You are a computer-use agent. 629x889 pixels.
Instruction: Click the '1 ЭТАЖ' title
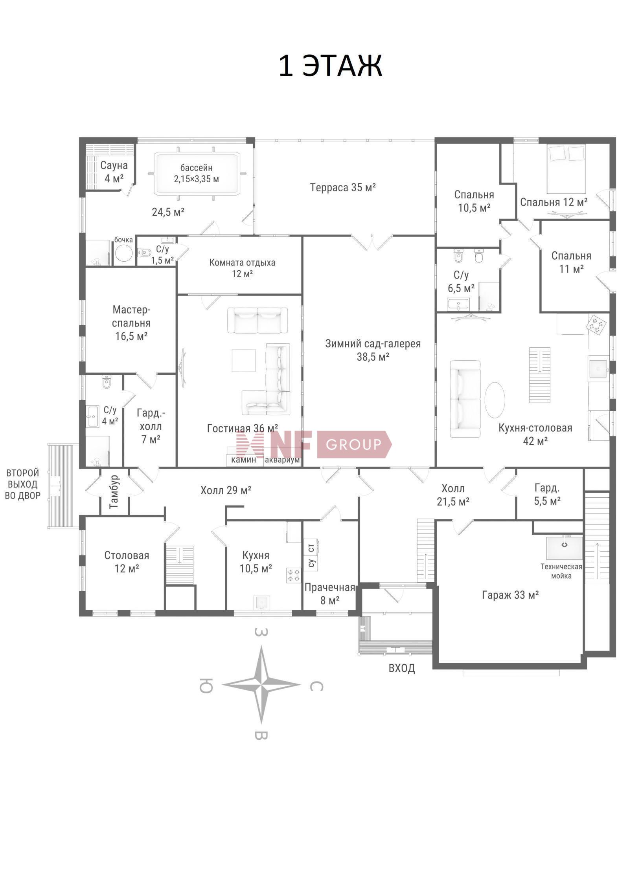point(330,66)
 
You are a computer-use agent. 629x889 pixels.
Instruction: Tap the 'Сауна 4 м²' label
point(114,172)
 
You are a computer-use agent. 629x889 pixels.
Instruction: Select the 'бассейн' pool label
point(196,168)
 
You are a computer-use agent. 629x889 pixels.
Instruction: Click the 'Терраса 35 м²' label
point(343,187)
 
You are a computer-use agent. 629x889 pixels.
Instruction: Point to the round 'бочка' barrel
point(123,253)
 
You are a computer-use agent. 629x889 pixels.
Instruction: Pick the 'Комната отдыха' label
point(242,262)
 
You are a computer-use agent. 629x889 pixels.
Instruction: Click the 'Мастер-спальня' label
point(131,316)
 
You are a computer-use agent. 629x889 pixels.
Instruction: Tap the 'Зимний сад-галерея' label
point(373,344)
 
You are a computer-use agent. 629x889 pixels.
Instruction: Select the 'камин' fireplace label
point(243,459)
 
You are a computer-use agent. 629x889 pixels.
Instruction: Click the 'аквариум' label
point(282,460)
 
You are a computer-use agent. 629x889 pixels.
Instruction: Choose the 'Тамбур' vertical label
point(114,492)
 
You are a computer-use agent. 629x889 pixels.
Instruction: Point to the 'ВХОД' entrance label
point(401,668)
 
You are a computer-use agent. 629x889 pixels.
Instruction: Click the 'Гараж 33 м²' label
point(510,595)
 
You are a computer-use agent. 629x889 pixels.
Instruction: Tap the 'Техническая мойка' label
point(561,571)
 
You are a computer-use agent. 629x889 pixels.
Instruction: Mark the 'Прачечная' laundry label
point(329,587)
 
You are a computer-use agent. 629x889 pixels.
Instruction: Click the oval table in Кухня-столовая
point(495,400)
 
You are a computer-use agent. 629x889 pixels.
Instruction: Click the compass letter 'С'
point(316,686)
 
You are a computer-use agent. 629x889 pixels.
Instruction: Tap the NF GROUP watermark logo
point(313,444)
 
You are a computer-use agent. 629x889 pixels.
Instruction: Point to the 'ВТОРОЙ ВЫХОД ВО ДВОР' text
point(23,484)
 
